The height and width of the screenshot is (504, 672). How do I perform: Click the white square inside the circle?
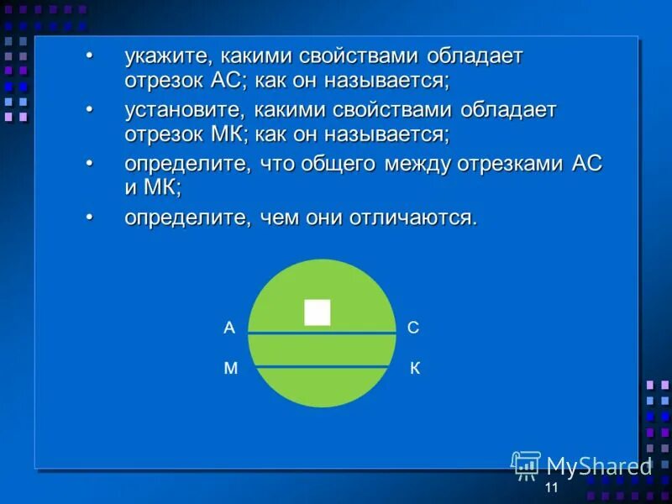click(x=318, y=312)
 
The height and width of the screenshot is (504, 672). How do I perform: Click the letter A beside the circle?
click(x=228, y=328)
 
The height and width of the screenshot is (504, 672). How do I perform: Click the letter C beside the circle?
click(x=413, y=328)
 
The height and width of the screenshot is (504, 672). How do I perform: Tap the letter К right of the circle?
click(x=415, y=369)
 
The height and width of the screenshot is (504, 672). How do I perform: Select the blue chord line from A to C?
click(x=322, y=333)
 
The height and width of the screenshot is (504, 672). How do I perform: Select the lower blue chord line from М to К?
click(x=322, y=367)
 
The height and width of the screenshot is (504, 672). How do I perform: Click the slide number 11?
click(x=551, y=489)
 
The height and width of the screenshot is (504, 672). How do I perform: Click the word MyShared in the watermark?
click(x=599, y=466)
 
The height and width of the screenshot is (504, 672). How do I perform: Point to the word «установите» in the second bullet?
click(x=182, y=110)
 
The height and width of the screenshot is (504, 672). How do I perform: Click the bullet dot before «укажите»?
click(x=90, y=55)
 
